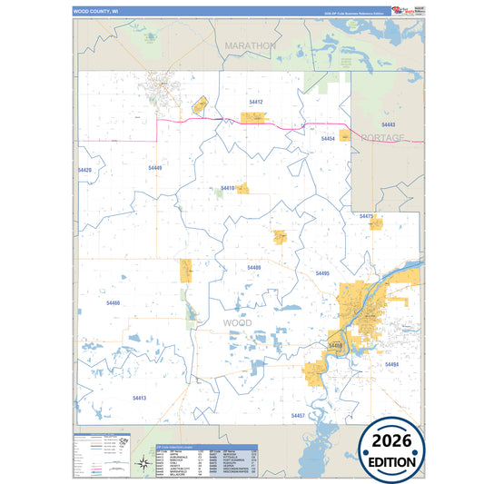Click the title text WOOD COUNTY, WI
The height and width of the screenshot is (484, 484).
96,12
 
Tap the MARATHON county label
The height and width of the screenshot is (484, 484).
250,44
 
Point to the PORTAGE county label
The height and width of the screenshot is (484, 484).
382,138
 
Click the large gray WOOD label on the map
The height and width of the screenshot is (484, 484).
237,322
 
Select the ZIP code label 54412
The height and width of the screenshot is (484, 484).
256,103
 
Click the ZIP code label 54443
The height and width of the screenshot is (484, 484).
388,123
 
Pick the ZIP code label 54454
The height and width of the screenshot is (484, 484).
328,139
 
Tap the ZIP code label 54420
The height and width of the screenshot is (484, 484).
84,170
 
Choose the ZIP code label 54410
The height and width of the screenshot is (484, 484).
227,188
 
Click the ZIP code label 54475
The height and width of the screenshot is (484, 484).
366,216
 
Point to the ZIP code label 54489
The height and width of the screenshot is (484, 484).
253,268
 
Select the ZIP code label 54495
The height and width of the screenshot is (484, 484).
322,273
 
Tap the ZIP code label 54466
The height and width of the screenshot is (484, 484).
113,302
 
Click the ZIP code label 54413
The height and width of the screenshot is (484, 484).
139,398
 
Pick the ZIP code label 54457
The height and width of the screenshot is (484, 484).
298,415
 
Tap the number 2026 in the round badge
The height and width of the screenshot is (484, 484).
391,441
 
